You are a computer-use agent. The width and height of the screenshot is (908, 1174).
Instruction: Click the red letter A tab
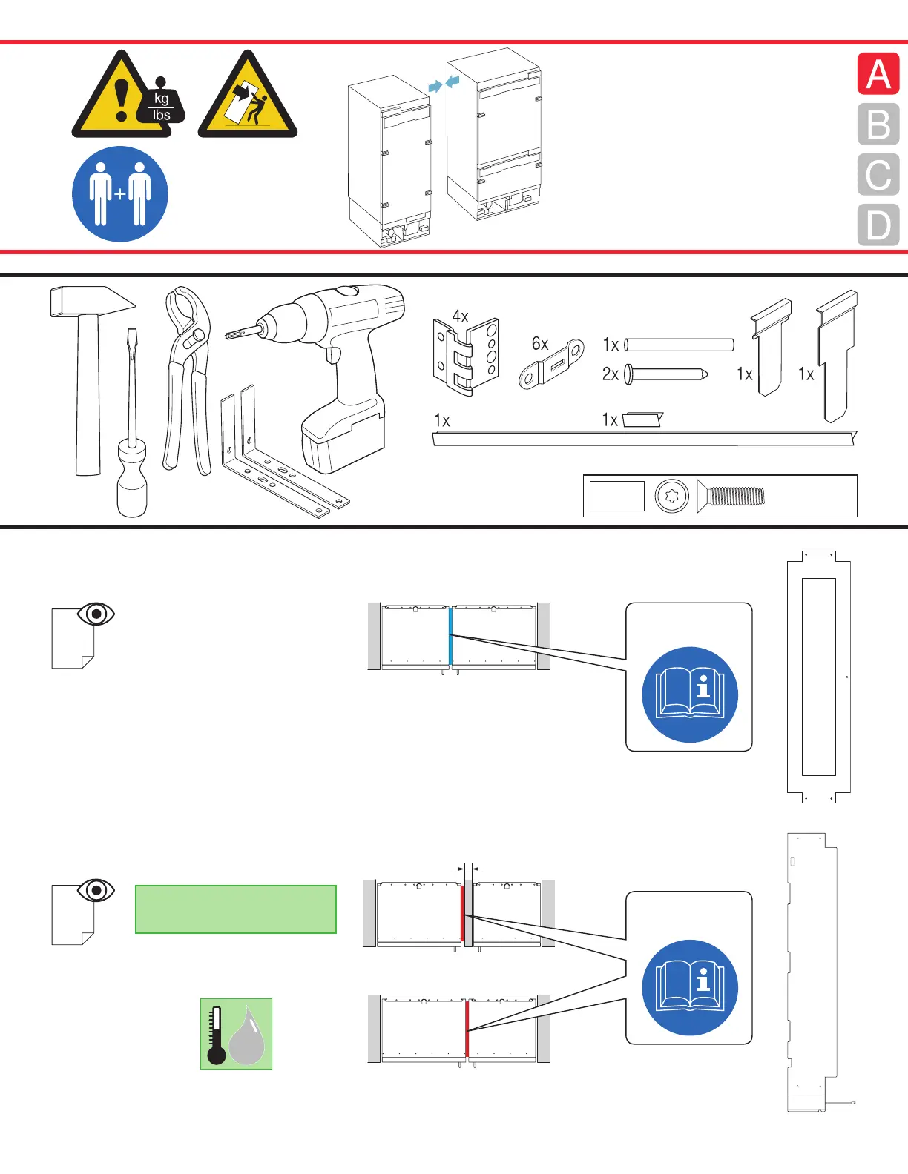[878, 73]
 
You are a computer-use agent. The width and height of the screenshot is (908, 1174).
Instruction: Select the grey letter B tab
[878, 124]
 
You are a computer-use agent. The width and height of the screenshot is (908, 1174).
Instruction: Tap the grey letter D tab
[878, 225]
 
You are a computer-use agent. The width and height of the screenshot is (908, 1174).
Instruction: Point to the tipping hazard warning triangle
[248, 99]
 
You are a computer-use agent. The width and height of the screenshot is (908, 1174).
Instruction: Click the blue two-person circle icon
[120, 194]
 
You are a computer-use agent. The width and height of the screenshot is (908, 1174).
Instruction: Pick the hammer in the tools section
[88, 371]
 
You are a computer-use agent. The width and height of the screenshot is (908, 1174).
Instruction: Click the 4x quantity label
[460, 316]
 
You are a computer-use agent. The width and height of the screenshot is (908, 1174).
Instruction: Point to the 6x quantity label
[539, 344]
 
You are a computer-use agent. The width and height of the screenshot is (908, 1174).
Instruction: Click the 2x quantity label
[610, 374]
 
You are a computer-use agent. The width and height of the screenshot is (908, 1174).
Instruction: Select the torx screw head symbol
[672, 496]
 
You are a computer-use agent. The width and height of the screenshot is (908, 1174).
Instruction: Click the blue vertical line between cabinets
[450, 636]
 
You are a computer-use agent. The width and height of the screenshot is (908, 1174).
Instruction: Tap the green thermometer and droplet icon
[236, 1034]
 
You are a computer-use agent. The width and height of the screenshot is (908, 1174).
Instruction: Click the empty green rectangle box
[236, 909]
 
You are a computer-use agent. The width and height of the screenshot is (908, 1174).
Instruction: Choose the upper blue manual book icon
[690, 694]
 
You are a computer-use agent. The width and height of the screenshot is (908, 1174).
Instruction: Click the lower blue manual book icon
[690, 987]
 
